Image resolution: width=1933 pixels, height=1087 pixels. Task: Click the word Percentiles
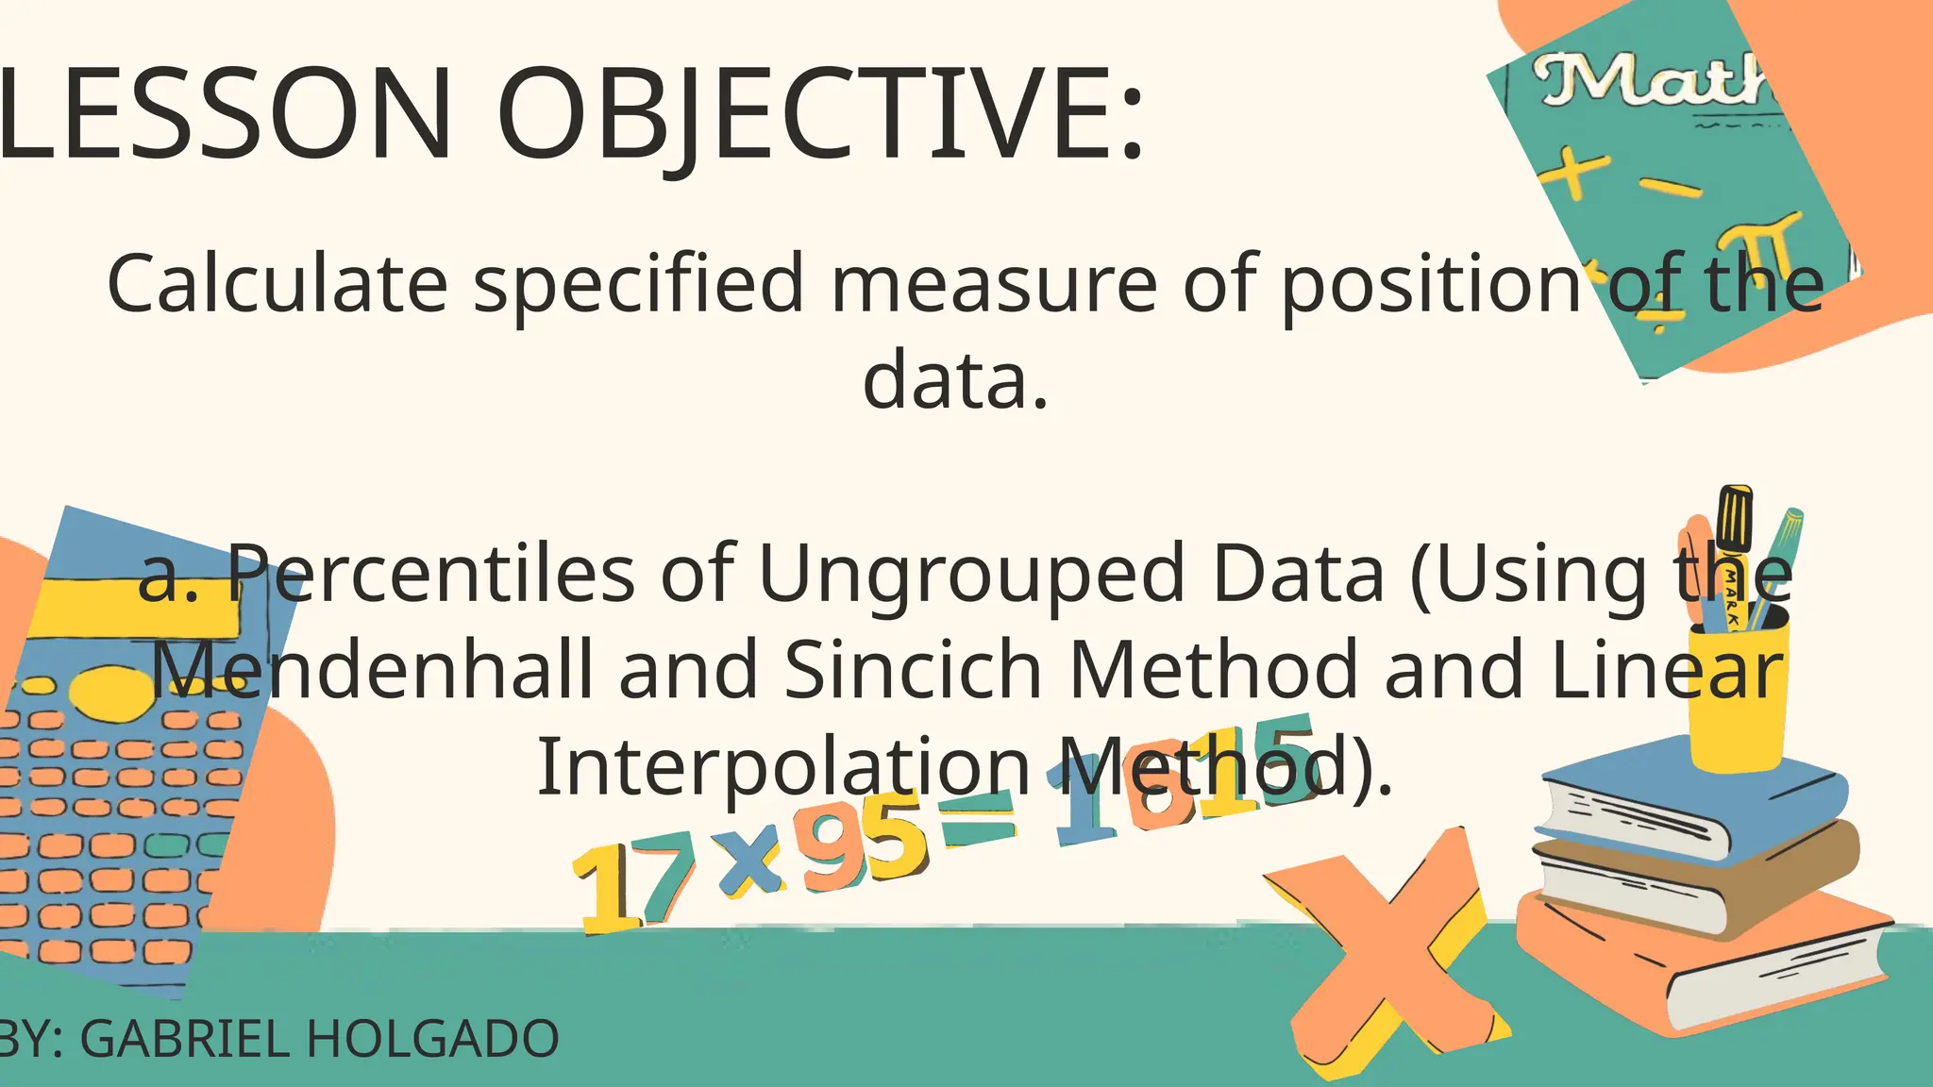(430, 574)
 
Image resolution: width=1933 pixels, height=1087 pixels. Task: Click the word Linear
(1667, 668)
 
